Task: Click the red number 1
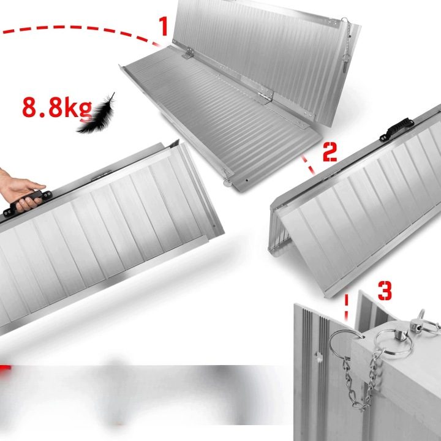pyautogui.click(x=164, y=26)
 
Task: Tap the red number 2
pyautogui.click(x=330, y=152)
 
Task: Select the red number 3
pyautogui.click(x=385, y=291)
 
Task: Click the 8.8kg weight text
pyautogui.click(x=57, y=107)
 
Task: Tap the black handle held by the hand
pyautogui.click(x=28, y=200)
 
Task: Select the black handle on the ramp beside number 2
pyautogui.click(x=396, y=129)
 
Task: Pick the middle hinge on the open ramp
pyautogui.click(x=265, y=95)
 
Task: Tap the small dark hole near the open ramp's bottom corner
pyautogui.click(x=247, y=180)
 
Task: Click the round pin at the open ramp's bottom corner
pyautogui.click(x=227, y=183)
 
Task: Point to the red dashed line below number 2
pyautogui.click(x=308, y=165)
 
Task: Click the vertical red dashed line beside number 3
pyautogui.click(x=346, y=307)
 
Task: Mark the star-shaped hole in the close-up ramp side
pyautogui.click(x=318, y=356)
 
